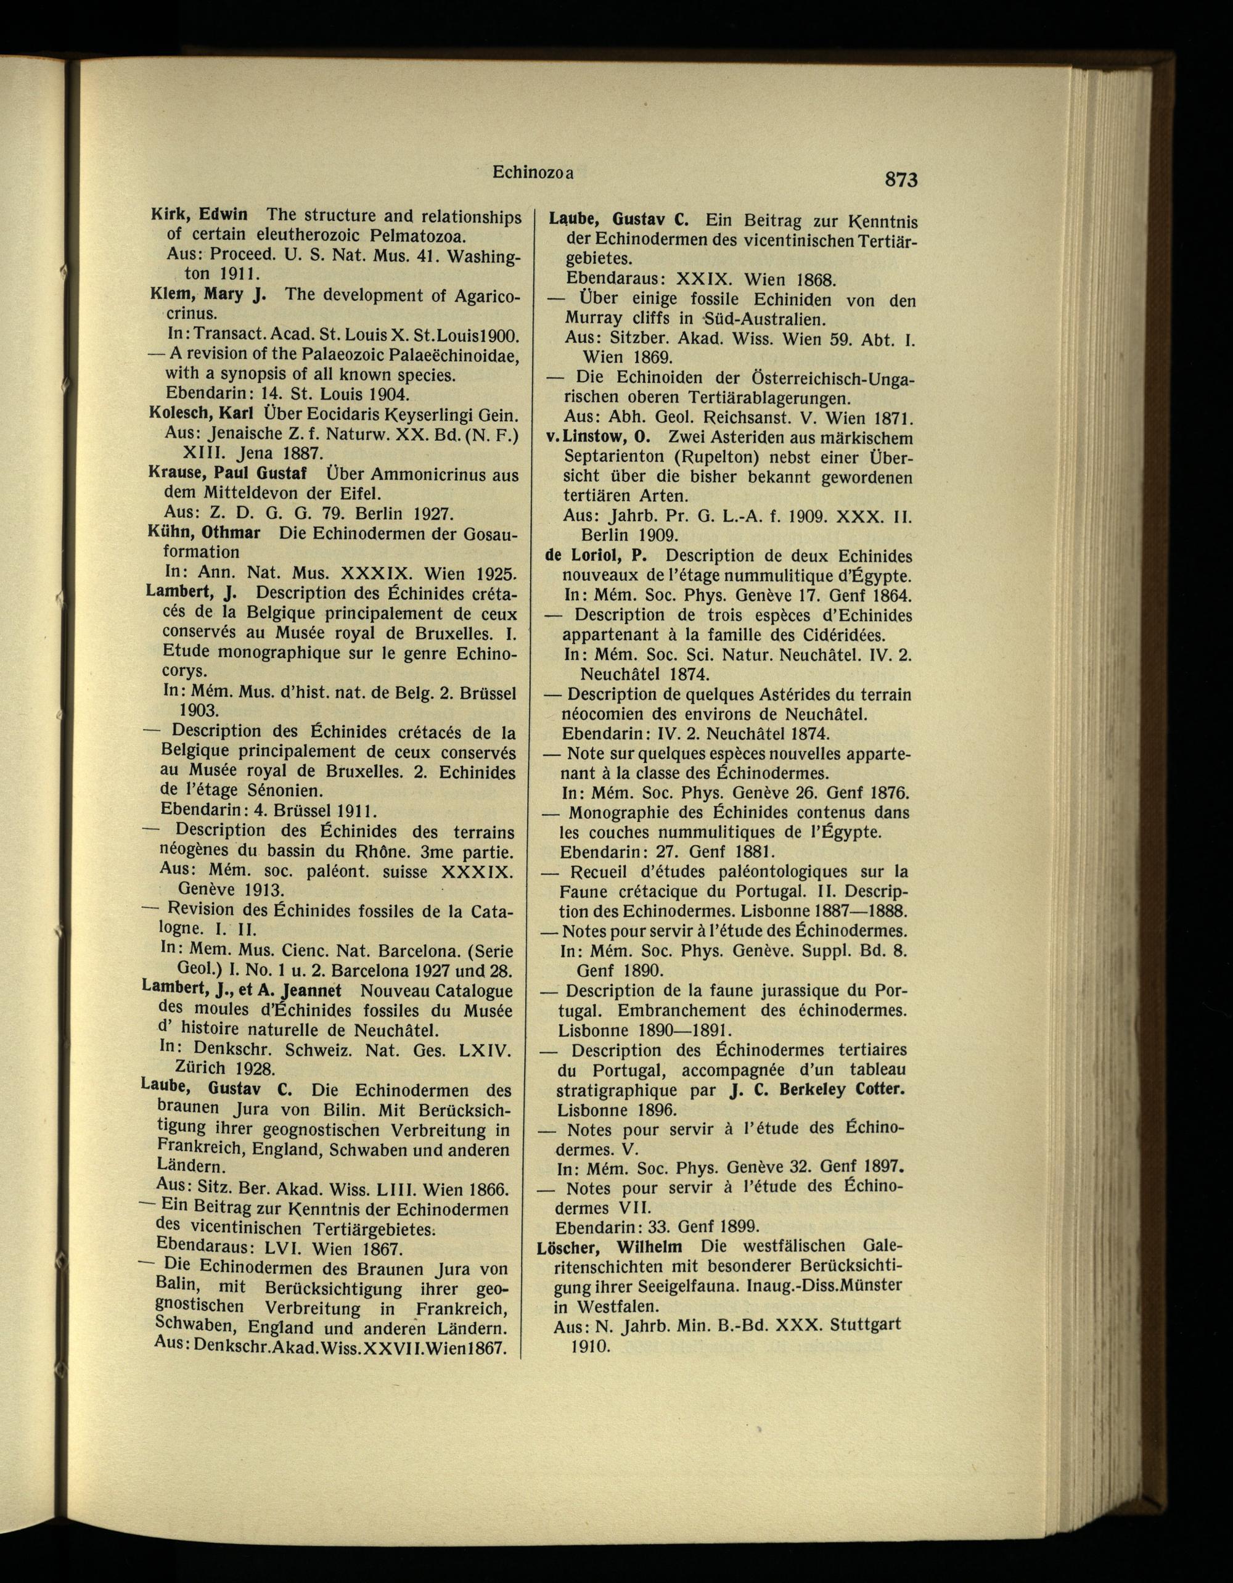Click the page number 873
(901, 179)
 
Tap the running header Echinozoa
(533, 173)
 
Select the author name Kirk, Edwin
(199, 215)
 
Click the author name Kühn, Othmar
(203, 532)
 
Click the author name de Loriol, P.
(596, 556)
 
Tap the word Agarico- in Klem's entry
(477, 296)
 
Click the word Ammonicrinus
(422, 475)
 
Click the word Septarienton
(616, 458)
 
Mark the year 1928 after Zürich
(253, 1068)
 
